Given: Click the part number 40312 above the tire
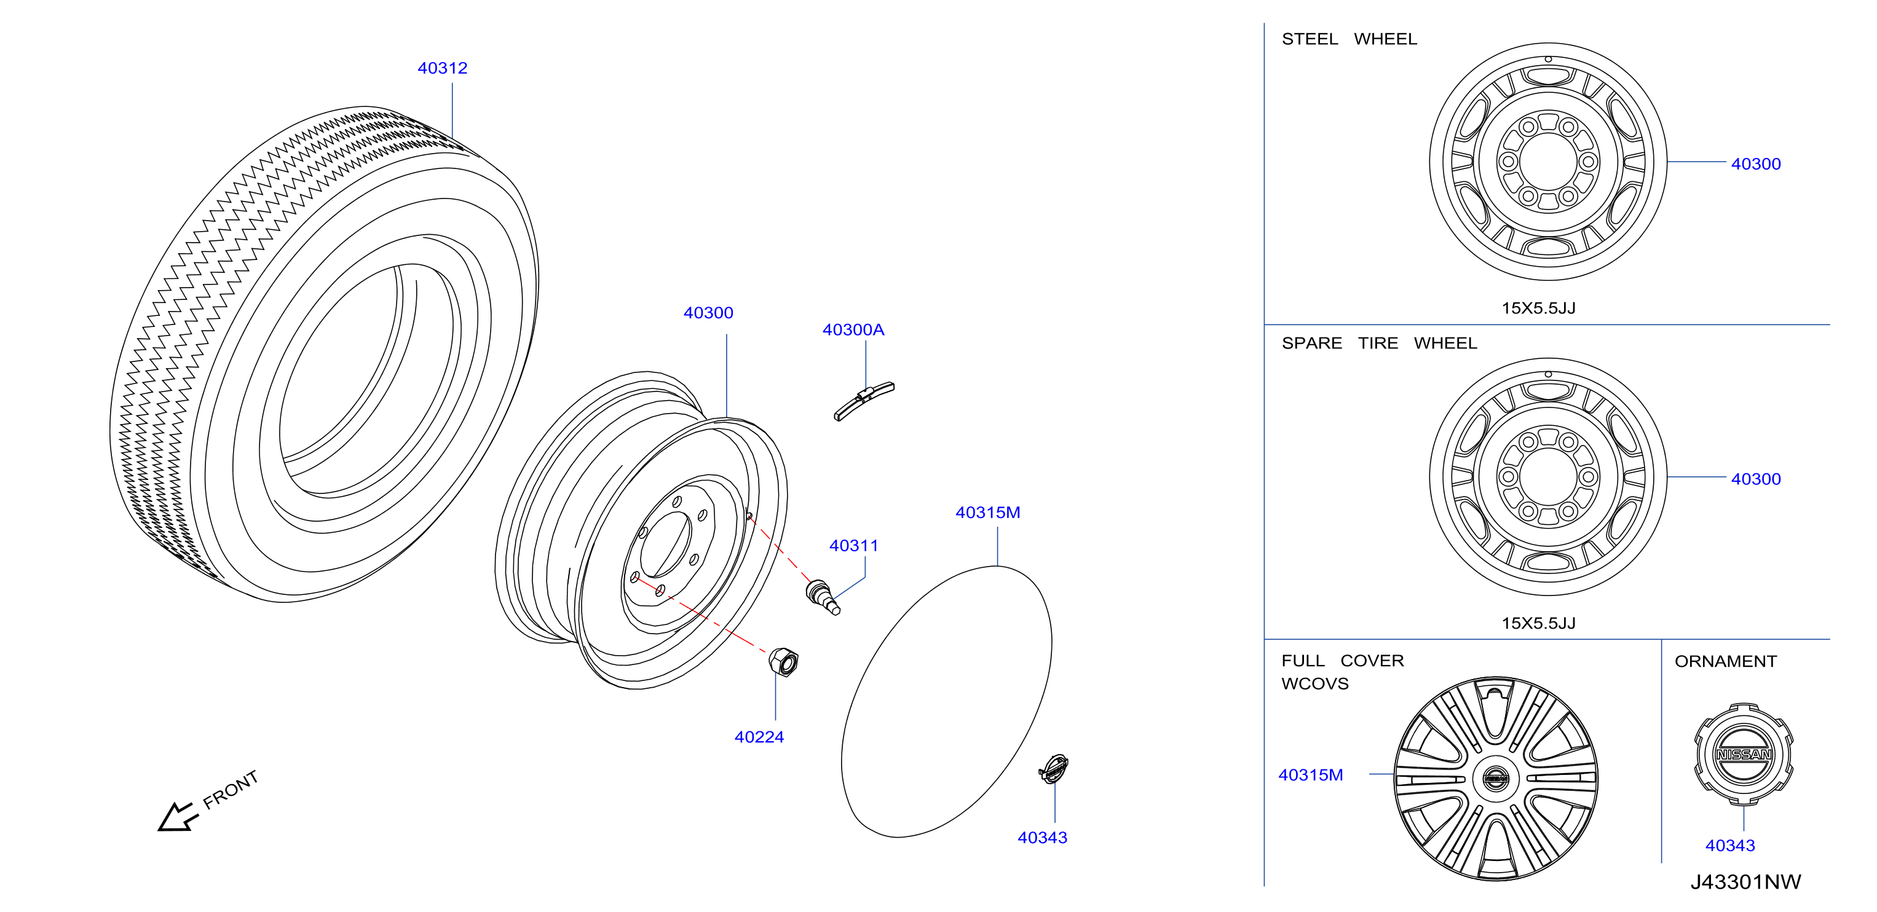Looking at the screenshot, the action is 442,68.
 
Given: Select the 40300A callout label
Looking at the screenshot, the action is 853,329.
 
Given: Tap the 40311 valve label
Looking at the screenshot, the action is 854,546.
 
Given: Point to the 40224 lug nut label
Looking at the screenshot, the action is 759,737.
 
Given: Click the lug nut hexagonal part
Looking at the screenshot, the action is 784,661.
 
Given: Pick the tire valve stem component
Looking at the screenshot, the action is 823,597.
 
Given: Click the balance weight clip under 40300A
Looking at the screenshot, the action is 864,401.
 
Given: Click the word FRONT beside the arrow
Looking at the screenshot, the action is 231,790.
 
